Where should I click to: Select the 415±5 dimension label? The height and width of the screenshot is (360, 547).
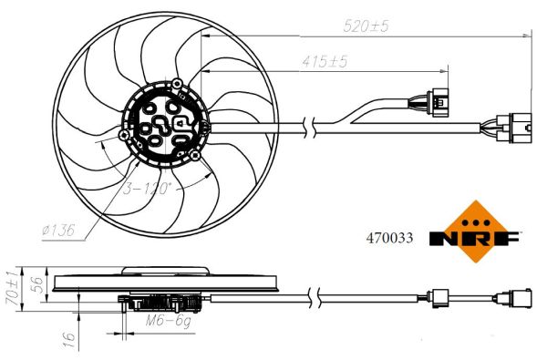[x=325, y=62]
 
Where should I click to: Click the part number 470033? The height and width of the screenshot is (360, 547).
[x=389, y=238]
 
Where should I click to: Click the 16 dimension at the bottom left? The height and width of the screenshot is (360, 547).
[x=65, y=338]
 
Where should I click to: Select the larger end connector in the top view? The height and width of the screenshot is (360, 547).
[x=514, y=129]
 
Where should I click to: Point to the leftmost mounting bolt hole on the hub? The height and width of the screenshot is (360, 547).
[x=124, y=136]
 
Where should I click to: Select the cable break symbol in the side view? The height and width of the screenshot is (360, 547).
[x=311, y=296]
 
